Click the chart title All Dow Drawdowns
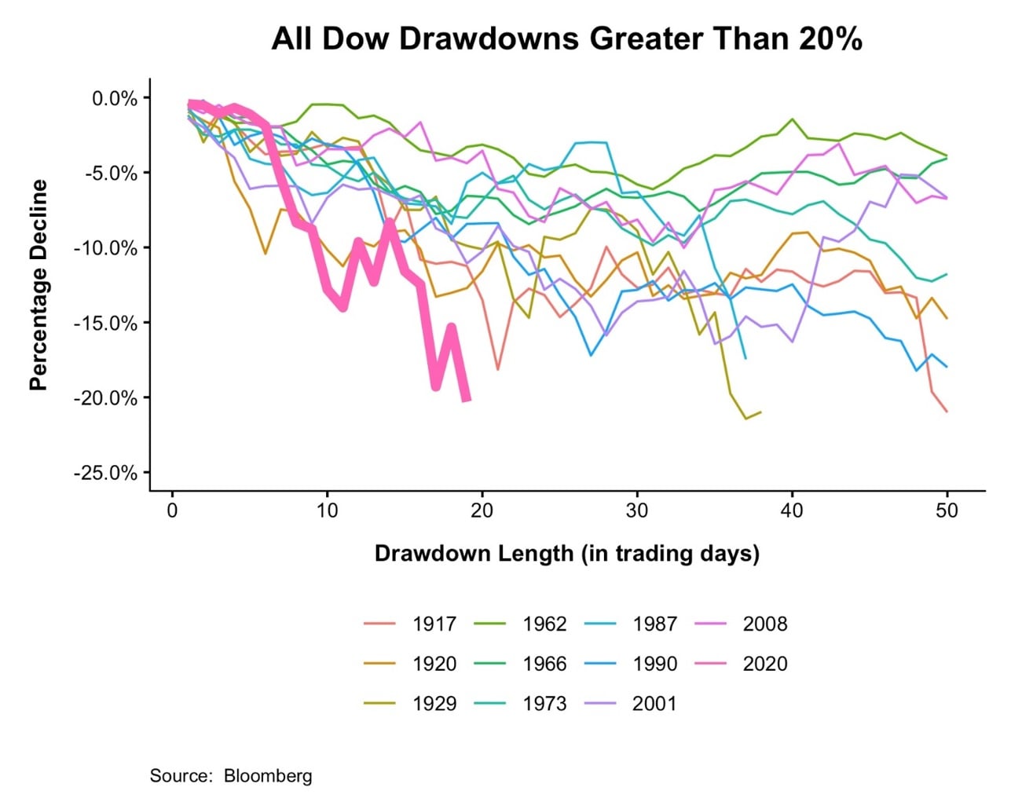pos(566,38)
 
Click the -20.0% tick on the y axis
pos(105,398)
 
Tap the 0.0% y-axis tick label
pos(115,99)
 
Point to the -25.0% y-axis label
pos(105,473)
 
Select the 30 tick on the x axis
pos(637,511)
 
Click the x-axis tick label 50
pos(947,511)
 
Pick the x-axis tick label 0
pos(173,511)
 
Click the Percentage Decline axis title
pos(38,285)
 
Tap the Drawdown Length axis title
pos(566,554)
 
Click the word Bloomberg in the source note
pos(268,776)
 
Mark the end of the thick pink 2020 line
pos(467,400)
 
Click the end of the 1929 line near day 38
pos(760,412)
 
